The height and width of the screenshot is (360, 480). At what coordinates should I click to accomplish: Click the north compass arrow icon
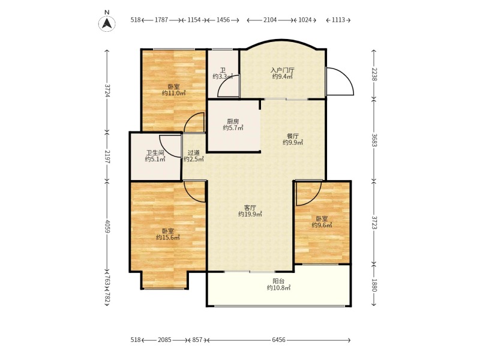point(107,23)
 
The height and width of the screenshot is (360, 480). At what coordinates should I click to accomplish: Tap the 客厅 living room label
point(250,208)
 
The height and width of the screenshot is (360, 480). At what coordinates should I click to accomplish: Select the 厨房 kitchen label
point(233,122)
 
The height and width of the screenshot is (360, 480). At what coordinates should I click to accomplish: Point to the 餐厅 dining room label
point(293,136)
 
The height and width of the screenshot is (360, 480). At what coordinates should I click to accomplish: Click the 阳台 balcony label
point(278,281)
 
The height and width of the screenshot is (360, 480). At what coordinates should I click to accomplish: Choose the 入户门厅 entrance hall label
point(283,70)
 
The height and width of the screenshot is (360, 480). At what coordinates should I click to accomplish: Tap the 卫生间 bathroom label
point(155,152)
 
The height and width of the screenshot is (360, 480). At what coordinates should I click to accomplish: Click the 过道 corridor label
point(193,152)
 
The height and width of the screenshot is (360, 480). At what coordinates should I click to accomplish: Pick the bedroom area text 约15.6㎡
point(168,237)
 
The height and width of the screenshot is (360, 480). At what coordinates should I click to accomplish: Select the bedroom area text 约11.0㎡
point(174,93)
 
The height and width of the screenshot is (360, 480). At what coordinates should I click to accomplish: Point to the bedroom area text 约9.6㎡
point(322,226)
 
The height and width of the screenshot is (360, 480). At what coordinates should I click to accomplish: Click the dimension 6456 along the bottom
point(278,340)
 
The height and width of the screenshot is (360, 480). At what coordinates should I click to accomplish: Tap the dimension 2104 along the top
point(270,20)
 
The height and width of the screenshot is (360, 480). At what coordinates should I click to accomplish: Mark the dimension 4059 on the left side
point(107,226)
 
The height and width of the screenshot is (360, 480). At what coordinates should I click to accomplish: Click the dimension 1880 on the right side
point(374,284)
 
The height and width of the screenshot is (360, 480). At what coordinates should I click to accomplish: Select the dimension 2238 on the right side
point(374,74)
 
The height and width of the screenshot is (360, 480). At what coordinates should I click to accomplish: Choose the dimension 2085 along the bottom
point(164,340)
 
